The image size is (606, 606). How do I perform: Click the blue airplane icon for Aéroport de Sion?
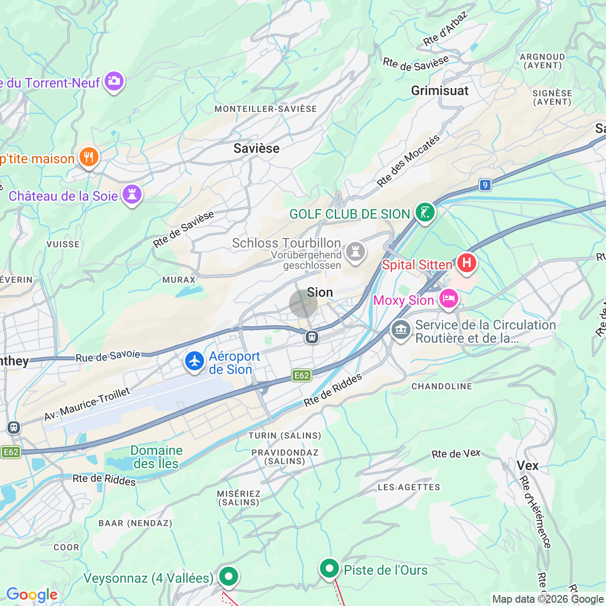194,361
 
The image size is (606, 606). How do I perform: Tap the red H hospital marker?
466,263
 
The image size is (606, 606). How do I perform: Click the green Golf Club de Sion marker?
425,213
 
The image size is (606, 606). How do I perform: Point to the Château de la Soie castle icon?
132,195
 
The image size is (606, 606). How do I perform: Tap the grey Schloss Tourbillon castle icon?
355,251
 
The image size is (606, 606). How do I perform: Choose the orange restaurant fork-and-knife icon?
89,157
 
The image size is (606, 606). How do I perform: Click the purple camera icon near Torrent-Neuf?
114,81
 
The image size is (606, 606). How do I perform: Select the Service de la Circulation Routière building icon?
401,330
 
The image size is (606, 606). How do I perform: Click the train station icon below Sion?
312,337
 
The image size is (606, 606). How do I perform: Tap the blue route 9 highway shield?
485,185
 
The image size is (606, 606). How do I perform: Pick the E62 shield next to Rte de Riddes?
302,375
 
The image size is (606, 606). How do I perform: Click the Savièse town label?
256,149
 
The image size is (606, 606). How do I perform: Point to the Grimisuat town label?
439,91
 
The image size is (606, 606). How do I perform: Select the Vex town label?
527,466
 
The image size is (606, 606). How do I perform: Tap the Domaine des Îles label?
156,457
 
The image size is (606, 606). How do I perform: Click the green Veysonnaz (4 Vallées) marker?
228,577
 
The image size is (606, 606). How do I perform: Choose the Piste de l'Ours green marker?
329,568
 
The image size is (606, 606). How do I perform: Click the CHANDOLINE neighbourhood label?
442,387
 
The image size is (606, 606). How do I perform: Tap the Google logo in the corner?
32,595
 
